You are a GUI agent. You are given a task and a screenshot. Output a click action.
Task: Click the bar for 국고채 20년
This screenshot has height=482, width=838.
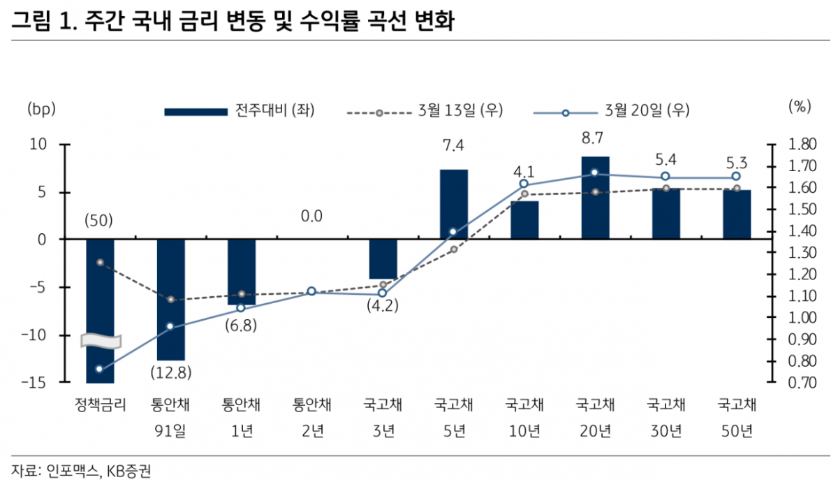click(595, 198)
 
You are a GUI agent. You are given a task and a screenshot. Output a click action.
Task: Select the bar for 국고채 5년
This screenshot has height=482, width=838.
click(453, 204)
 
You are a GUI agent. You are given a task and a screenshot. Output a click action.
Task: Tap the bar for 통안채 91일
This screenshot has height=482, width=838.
click(170, 299)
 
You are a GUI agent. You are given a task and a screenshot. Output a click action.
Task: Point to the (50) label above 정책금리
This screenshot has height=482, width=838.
click(99, 221)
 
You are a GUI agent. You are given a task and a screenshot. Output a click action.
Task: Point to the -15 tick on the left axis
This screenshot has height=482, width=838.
click(36, 383)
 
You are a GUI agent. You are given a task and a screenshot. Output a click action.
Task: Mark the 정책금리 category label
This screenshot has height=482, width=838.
click(99, 404)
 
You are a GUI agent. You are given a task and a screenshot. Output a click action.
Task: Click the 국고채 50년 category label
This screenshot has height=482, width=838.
click(737, 417)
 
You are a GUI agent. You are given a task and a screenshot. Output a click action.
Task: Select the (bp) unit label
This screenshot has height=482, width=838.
click(41, 108)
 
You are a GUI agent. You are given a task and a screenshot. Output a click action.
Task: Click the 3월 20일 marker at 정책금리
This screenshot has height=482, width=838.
click(99, 369)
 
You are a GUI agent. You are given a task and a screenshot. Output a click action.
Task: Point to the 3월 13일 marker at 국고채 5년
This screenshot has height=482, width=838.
click(453, 249)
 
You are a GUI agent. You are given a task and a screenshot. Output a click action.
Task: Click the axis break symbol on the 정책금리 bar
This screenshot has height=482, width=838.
click(101, 341)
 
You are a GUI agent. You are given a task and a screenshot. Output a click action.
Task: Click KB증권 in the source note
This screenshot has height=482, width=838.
click(128, 472)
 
